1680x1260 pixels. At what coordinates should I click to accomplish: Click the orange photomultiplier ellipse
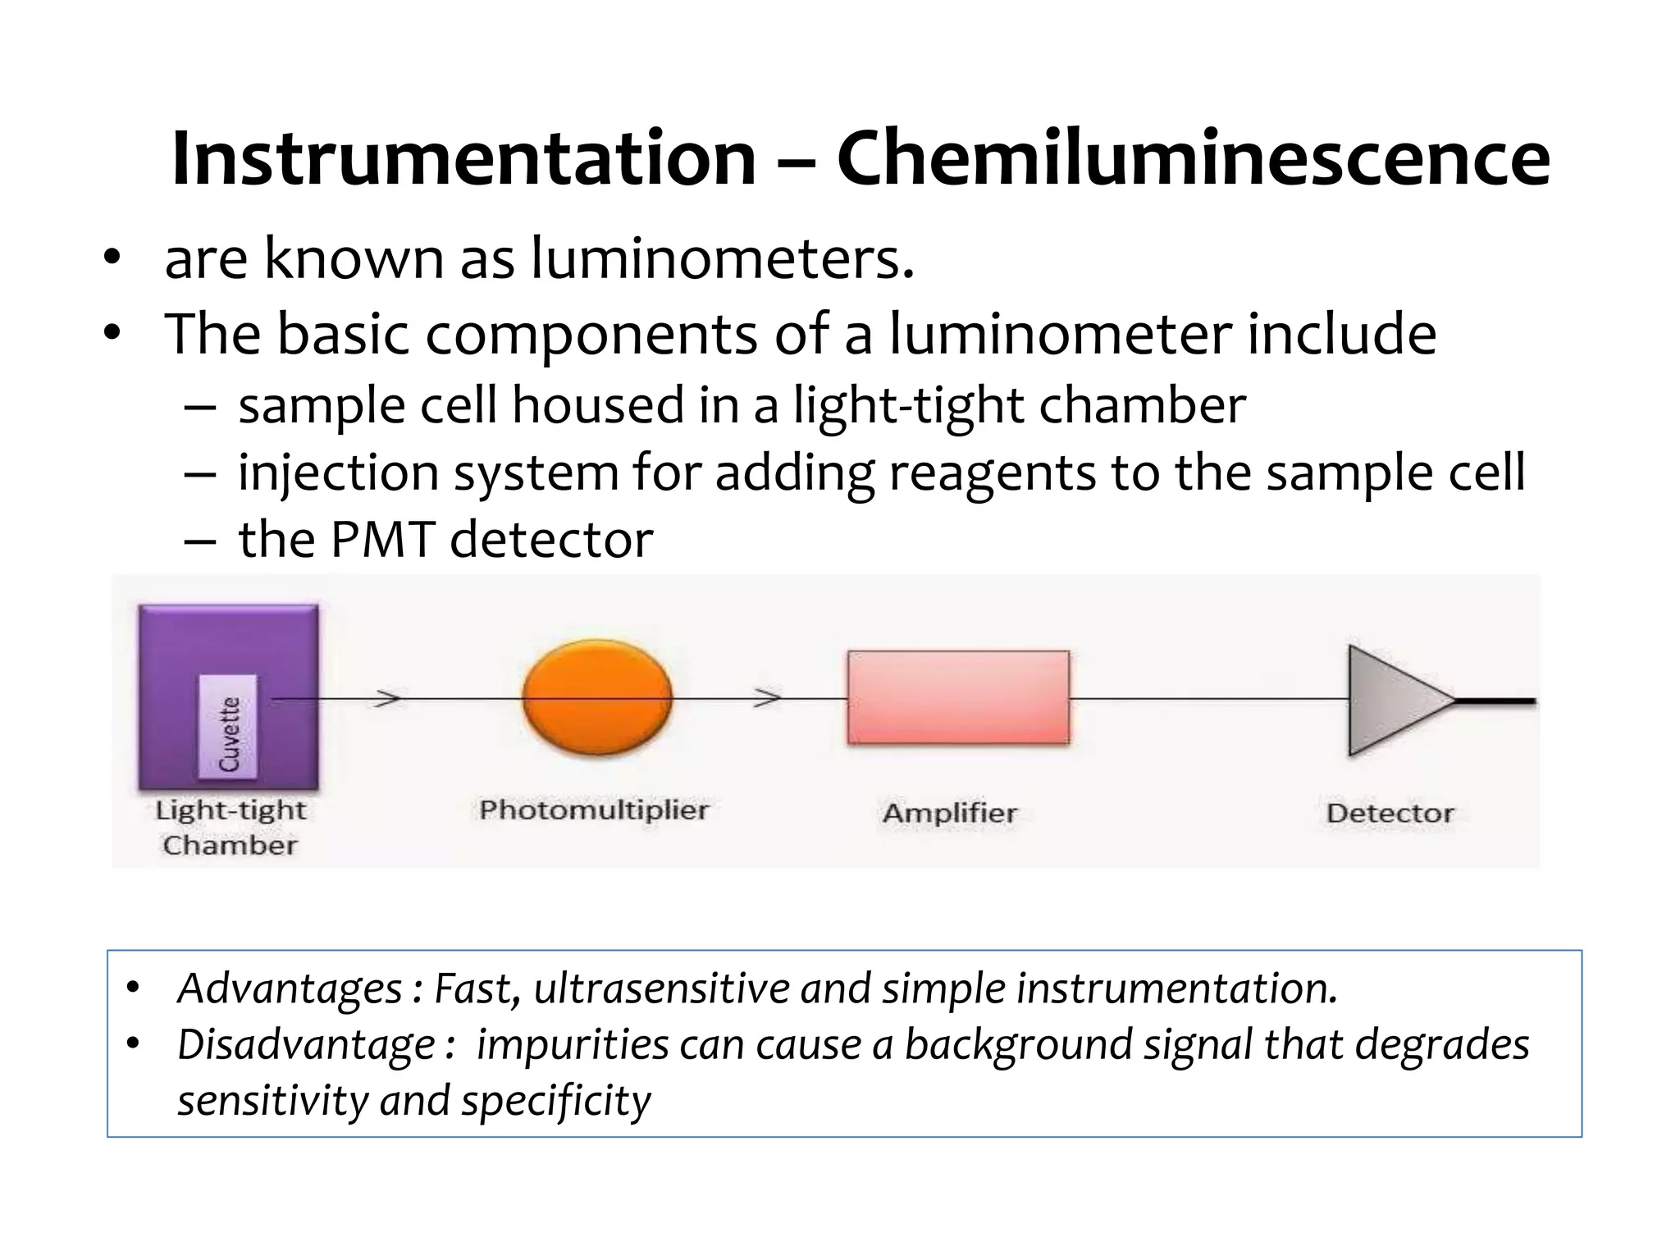[x=597, y=697]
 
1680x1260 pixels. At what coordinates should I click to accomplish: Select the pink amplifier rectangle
[x=958, y=697]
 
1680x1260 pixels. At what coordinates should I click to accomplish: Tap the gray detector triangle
[x=1395, y=700]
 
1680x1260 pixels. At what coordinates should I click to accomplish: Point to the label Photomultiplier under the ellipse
[x=594, y=810]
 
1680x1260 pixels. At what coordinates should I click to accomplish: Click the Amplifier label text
[x=950, y=813]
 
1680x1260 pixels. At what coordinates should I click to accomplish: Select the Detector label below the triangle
[x=1390, y=813]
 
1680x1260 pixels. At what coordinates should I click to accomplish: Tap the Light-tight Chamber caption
[x=230, y=827]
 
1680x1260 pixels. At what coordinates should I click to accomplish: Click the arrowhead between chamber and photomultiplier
[x=389, y=699]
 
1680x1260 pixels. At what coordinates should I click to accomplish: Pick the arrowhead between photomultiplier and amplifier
[x=768, y=698]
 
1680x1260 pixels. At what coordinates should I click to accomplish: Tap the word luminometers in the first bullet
[x=722, y=259]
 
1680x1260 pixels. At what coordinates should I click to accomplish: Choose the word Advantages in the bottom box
[x=290, y=988]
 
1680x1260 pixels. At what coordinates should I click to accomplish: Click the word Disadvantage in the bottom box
[x=306, y=1044]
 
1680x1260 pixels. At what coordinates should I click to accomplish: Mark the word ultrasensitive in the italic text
[x=661, y=988]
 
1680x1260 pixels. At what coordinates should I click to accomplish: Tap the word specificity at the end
[x=555, y=1101]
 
